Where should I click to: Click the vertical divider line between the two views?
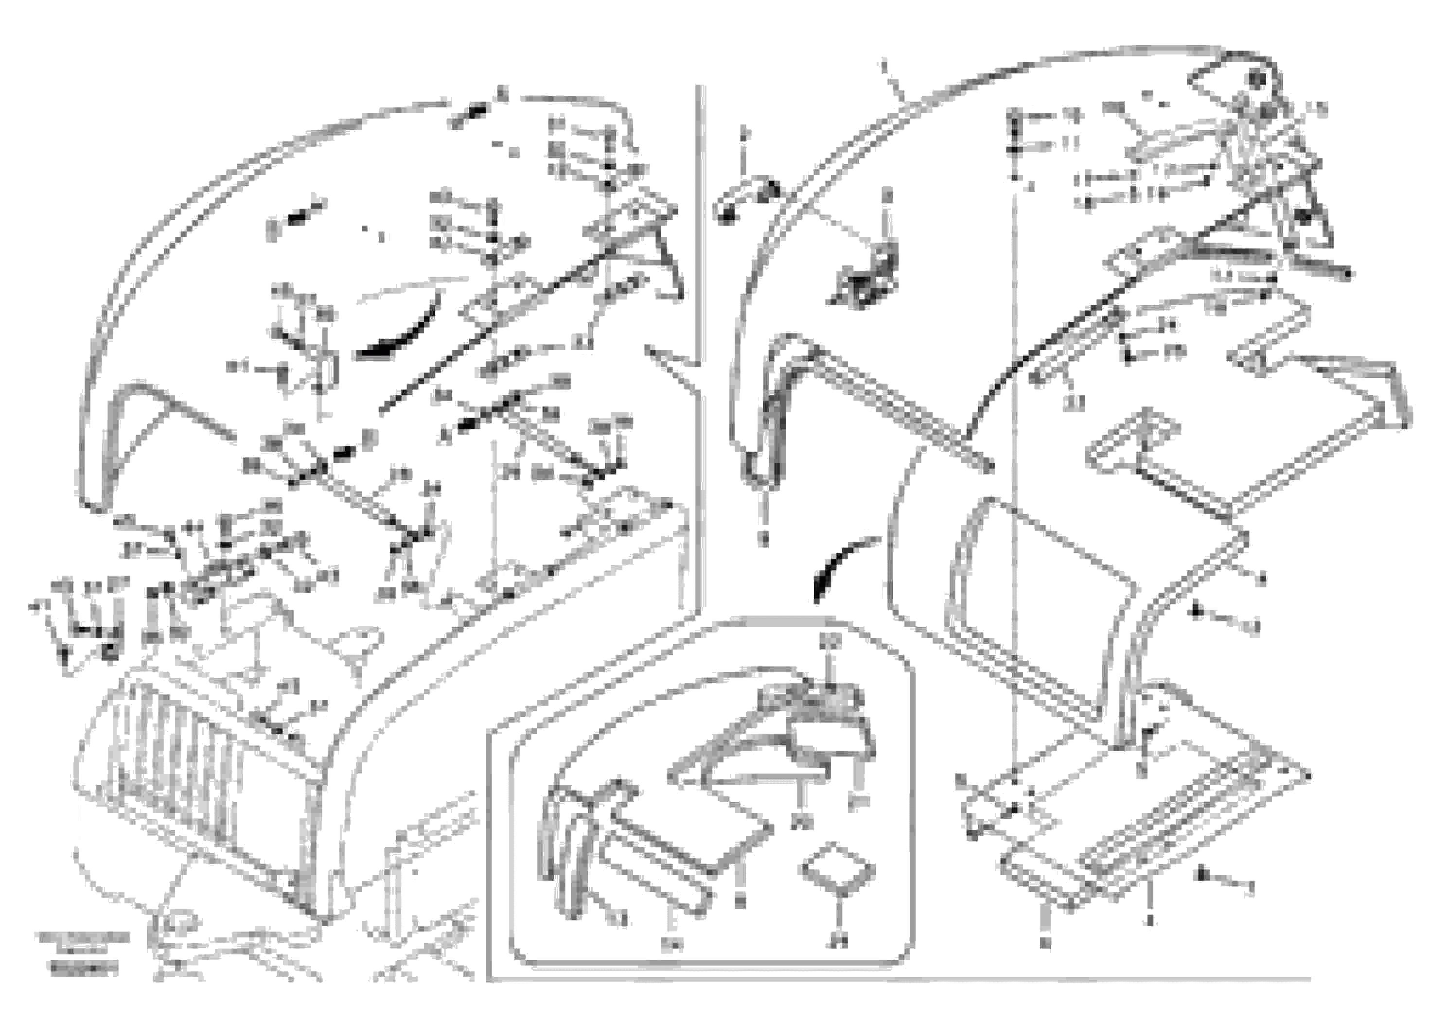700,252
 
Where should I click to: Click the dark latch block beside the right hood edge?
870,277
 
